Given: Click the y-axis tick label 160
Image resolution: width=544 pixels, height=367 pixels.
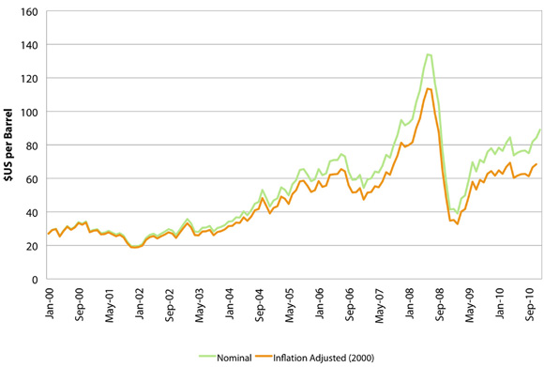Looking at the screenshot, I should pyautogui.click(x=30, y=13).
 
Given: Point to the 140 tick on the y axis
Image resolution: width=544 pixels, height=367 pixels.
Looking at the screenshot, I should pyautogui.click(x=30, y=46).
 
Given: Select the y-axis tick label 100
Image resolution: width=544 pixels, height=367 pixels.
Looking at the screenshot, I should pyautogui.click(x=30, y=113).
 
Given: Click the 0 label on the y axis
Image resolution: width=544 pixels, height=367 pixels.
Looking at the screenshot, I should pyautogui.click(x=36, y=280).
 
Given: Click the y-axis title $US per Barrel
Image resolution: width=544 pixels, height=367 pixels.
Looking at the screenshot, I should pyautogui.click(x=8, y=146).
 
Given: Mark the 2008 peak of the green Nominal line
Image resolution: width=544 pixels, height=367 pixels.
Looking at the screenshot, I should pyautogui.click(x=428, y=54).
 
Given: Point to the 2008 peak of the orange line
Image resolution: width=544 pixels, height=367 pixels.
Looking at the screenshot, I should pyautogui.click(x=428, y=89).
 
